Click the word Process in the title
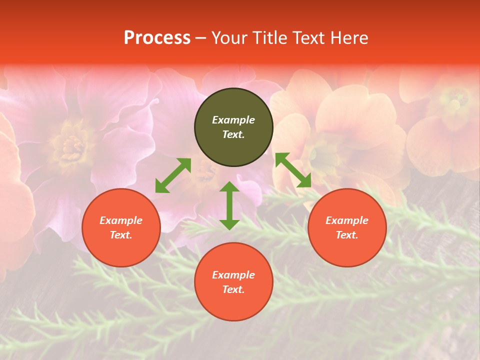click(x=157, y=38)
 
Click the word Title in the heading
click(x=270, y=38)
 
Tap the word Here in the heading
click(x=348, y=38)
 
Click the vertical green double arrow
click(x=229, y=206)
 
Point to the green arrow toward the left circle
click(x=173, y=175)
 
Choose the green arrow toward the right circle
click(x=293, y=170)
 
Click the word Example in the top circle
click(x=233, y=120)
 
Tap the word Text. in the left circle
click(x=121, y=235)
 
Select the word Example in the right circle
click(x=347, y=220)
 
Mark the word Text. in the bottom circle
click(x=233, y=289)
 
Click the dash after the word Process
click(x=201, y=38)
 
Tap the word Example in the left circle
click(x=121, y=220)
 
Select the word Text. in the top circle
click(x=233, y=134)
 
